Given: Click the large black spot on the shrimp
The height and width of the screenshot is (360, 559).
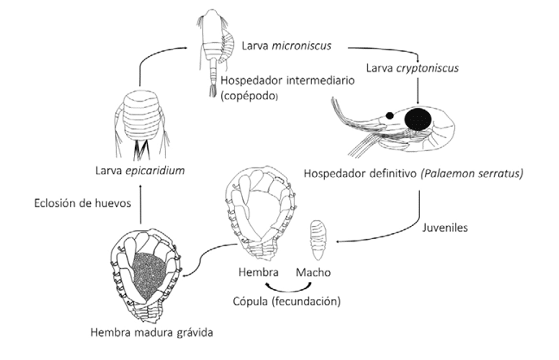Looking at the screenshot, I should click(419, 119).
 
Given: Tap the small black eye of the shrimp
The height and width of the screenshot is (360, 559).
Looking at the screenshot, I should click(390, 116).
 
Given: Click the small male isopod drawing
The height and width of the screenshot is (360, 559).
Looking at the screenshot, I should click(318, 236).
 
